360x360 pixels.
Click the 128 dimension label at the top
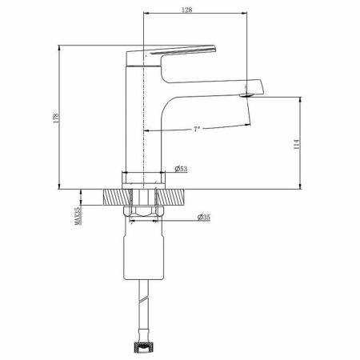(x=186, y=10)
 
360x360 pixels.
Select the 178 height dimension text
(x=56, y=118)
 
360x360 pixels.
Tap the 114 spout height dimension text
(x=297, y=144)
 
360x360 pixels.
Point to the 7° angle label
(x=197, y=130)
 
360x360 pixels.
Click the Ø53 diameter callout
(x=181, y=169)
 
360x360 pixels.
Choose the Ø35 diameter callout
(x=204, y=217)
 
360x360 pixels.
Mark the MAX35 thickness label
(x=78, y=216)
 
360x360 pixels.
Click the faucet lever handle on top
(x=170, y=55)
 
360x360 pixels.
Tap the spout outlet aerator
(x=246, y=95)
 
